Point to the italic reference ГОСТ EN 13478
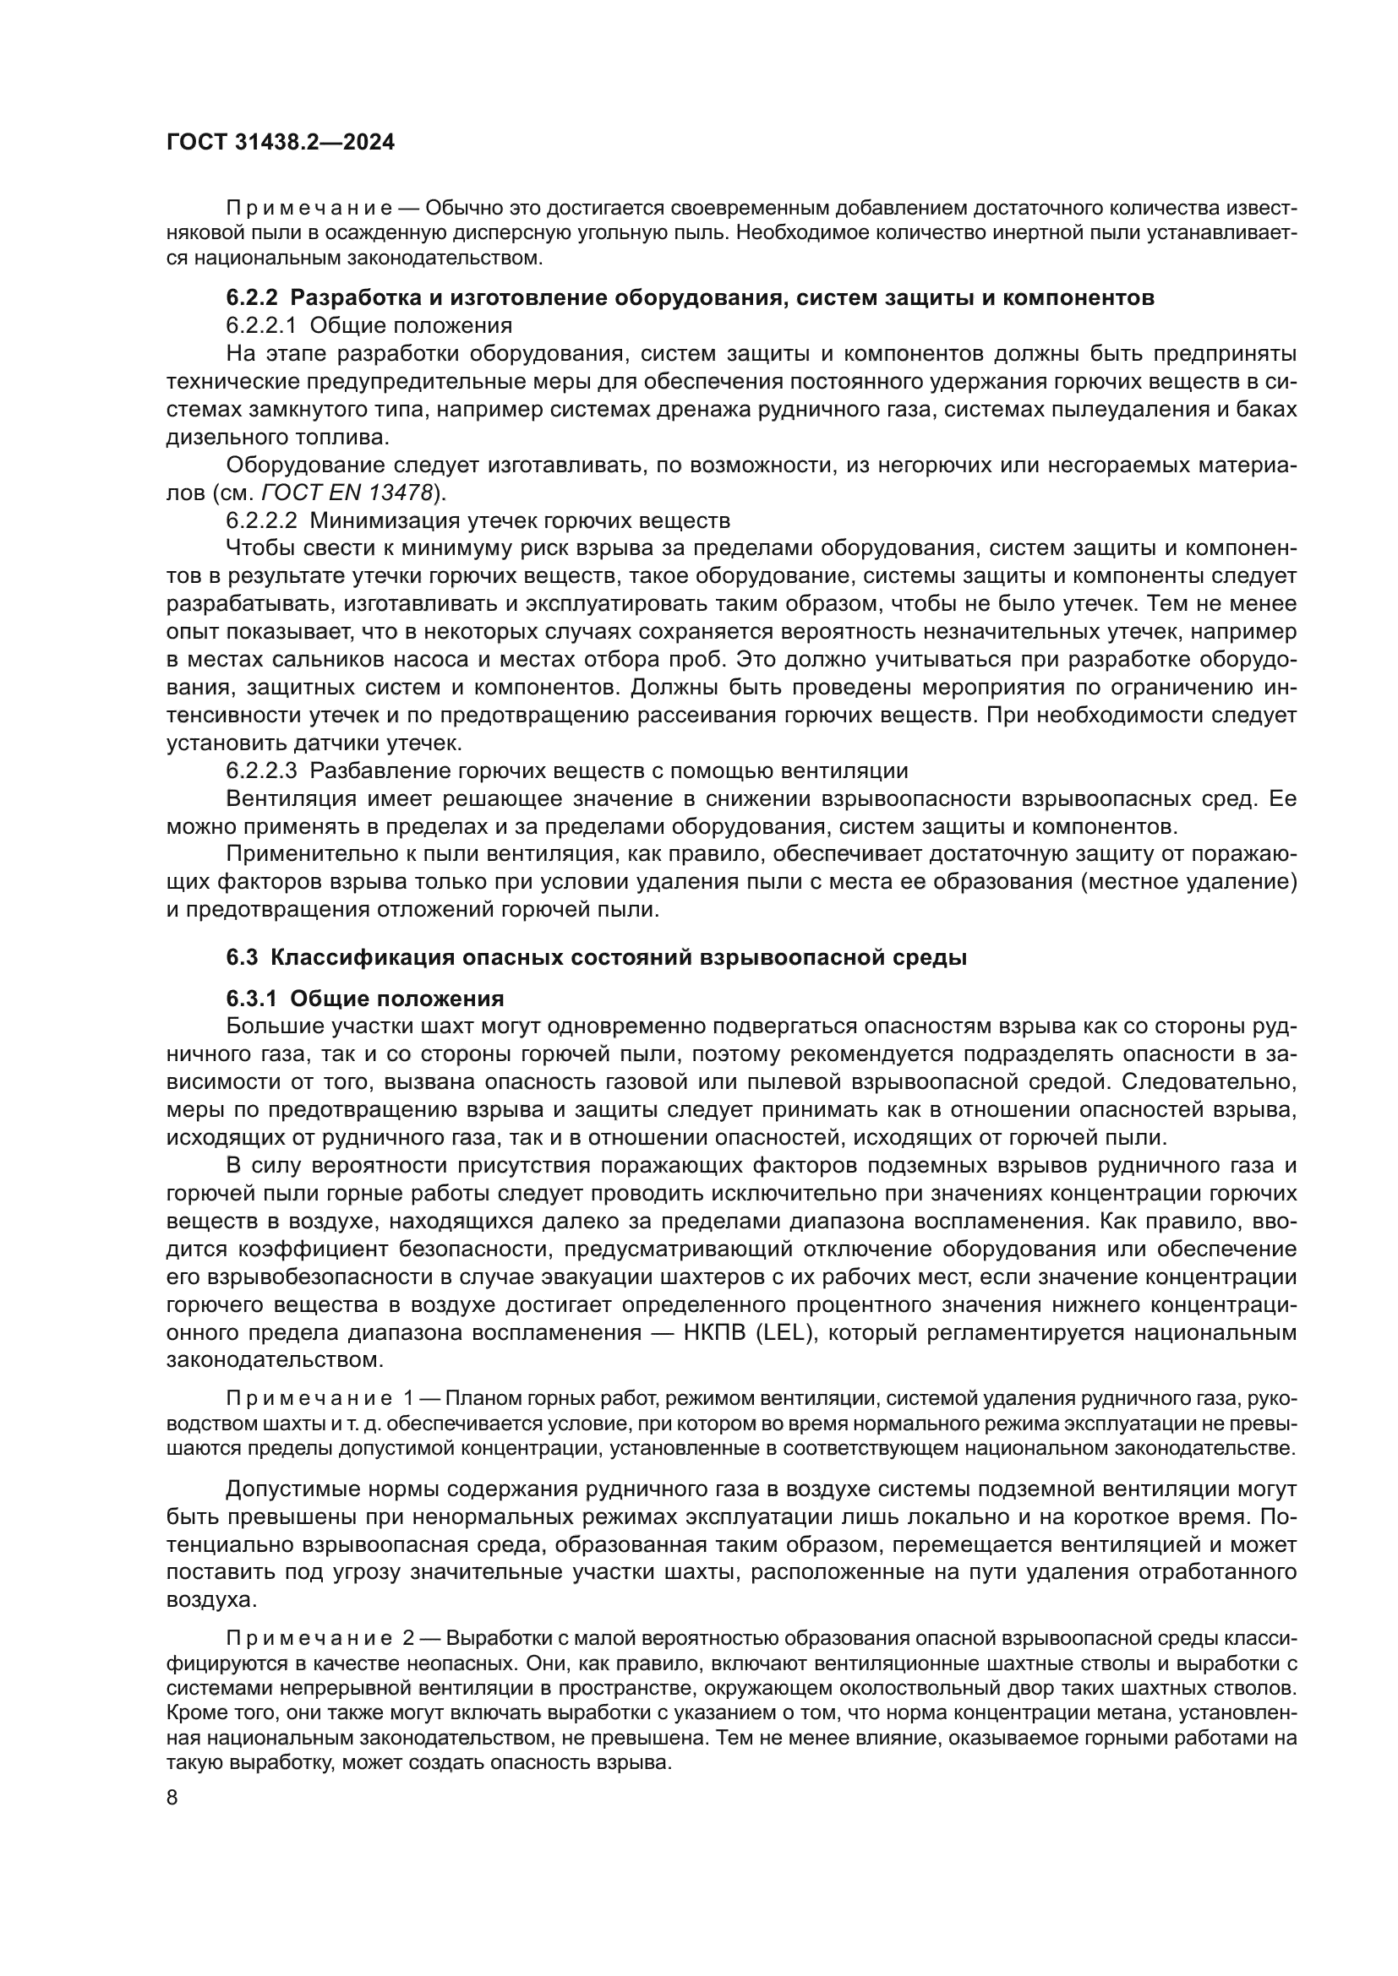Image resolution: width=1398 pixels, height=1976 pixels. coord(345,493)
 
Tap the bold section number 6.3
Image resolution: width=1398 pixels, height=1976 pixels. coord(243,958)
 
